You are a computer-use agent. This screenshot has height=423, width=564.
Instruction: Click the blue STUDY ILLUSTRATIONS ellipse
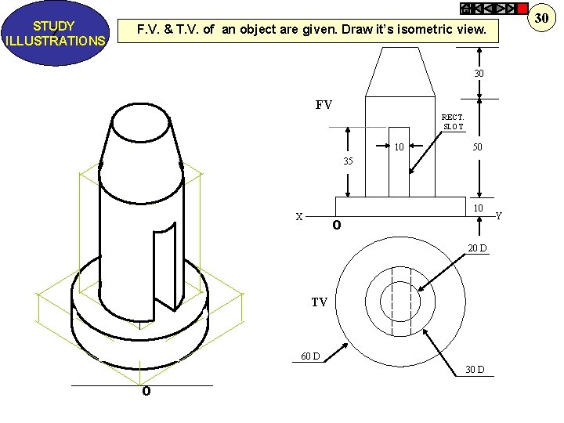(55, 33)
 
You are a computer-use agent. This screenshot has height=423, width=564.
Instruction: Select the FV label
(324, 104)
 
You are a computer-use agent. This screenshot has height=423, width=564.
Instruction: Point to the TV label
(319, 302)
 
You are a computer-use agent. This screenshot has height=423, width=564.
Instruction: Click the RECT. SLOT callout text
(453, 121)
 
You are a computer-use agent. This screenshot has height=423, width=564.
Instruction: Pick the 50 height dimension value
(476, 146)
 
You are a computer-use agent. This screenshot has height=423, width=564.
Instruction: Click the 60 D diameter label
(310, 356)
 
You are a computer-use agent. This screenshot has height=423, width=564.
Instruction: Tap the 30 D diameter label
(475, 369)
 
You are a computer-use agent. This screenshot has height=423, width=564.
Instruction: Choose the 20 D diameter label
(477, 248)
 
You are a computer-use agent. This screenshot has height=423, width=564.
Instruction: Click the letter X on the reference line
(298, 217)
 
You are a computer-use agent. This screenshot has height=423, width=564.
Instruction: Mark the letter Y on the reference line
(499, 215)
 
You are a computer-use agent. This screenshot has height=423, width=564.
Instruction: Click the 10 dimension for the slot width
(399, 146)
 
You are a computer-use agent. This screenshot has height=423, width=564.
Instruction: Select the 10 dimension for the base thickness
(477, 207)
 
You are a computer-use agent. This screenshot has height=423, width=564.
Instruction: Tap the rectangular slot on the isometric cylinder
(164, 266)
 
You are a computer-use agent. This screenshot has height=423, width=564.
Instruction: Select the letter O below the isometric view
(146, 392)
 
